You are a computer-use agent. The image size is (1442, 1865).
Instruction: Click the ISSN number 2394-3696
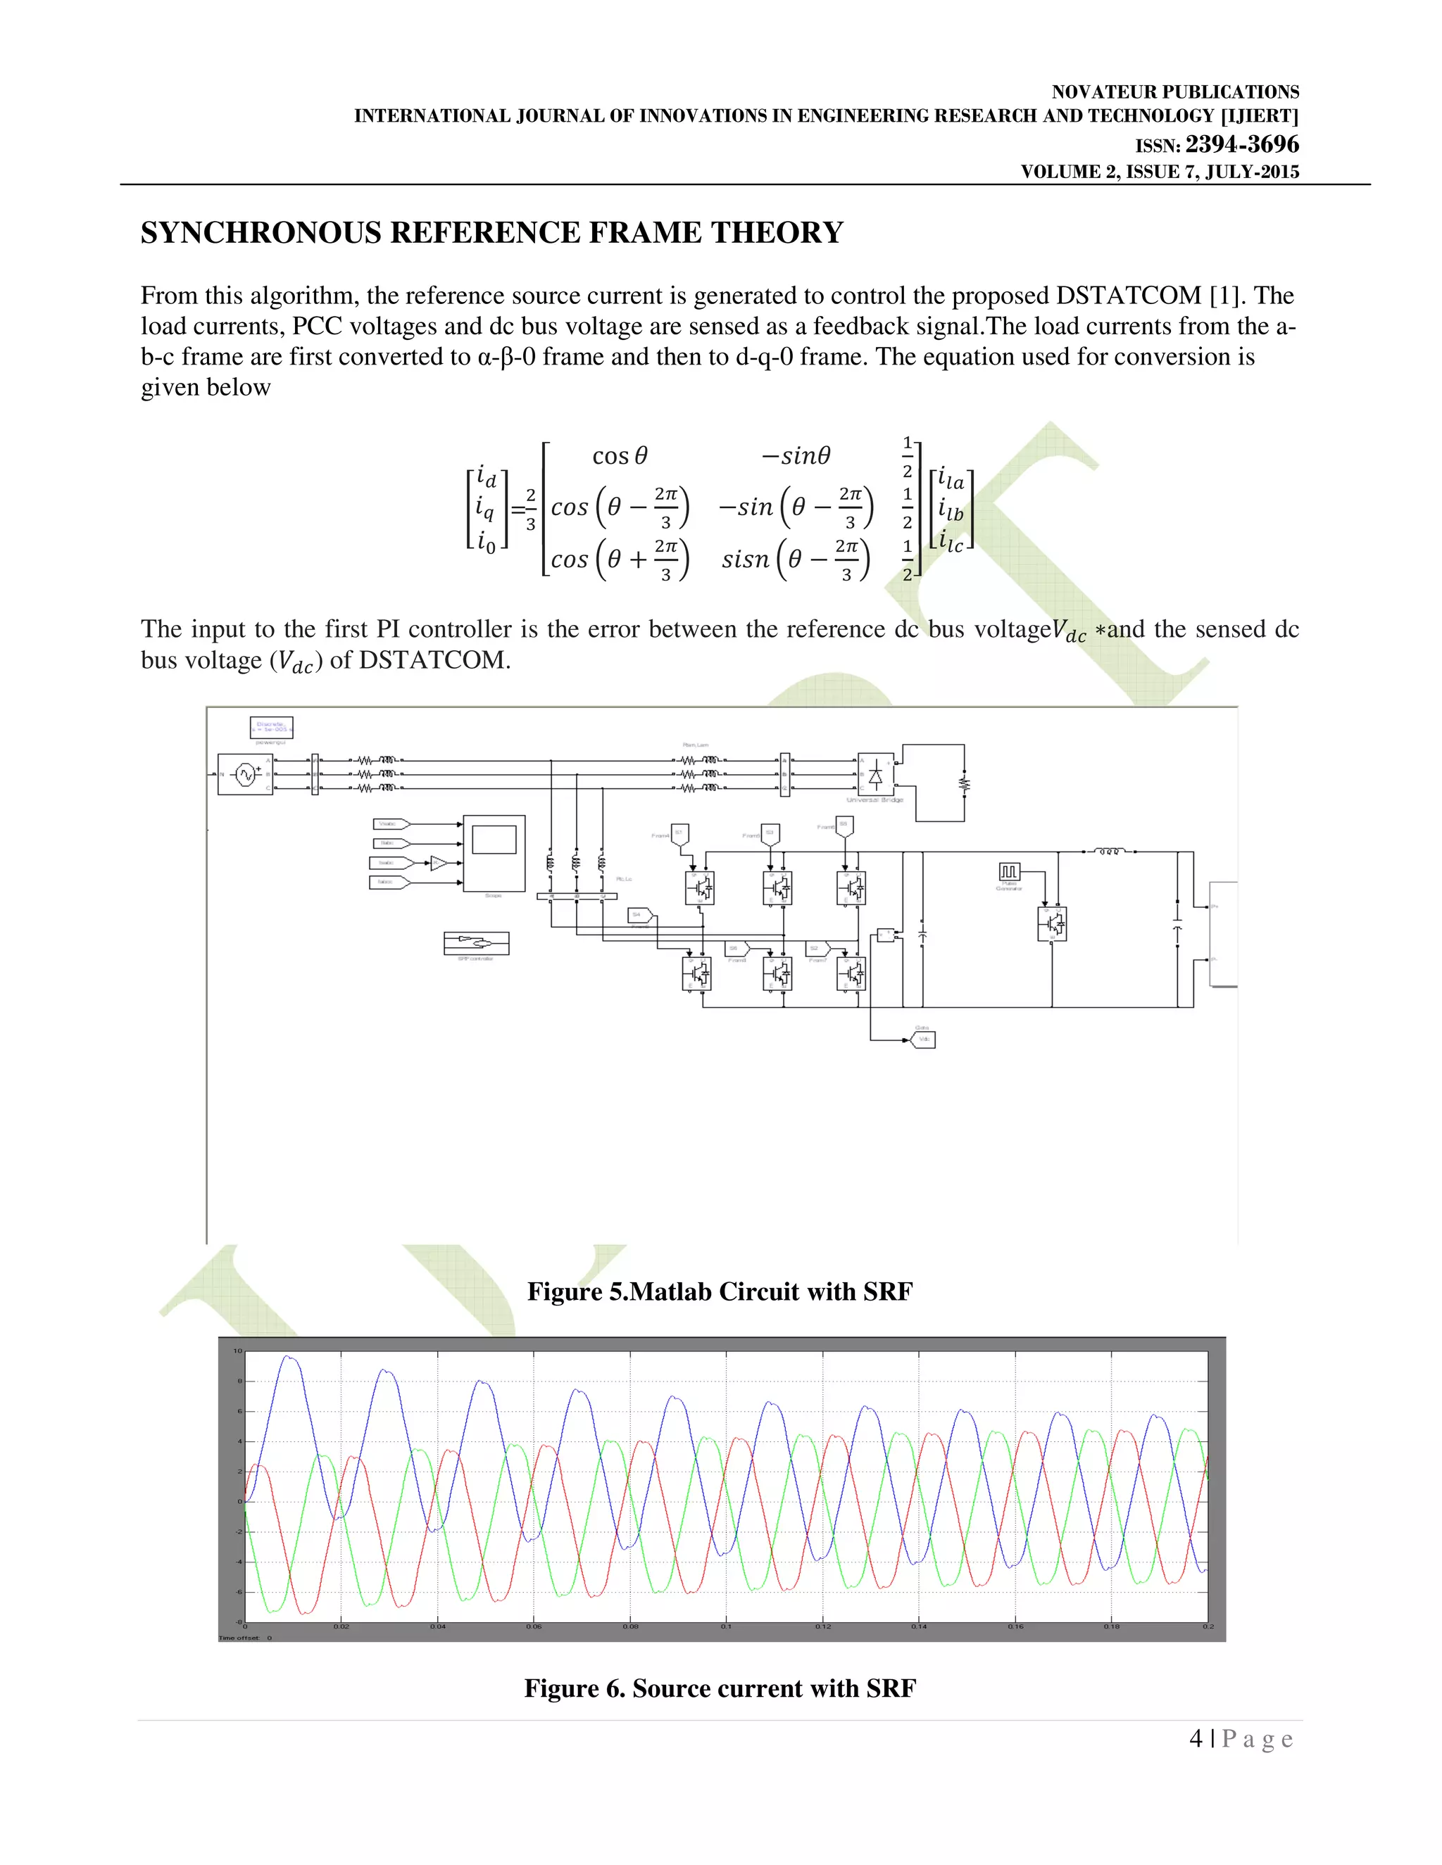click(1241, 144)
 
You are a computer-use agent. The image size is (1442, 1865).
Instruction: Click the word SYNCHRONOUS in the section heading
click(260, 232)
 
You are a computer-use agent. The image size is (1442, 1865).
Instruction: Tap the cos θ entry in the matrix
click(620, 456)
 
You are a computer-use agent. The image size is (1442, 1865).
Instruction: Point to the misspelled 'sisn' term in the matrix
click(745, 559)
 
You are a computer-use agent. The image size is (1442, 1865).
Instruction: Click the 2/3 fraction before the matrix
click(530, 509)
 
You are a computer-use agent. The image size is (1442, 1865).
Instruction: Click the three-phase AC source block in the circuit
click(245, 775)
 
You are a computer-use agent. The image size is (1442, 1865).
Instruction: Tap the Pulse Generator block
click(1010, 872)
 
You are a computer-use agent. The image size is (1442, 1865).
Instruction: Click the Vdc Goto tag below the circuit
click(922, 1039)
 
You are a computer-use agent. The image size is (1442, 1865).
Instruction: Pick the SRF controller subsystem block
click(476, 943)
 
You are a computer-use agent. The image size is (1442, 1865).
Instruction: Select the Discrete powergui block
click(272, 727)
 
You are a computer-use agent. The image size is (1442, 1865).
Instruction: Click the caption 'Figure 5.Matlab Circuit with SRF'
click(720, 1291)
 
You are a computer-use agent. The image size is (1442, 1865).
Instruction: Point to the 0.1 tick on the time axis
click(726, 1626)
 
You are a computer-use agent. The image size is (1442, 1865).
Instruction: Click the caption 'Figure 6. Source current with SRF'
click(720, 1688)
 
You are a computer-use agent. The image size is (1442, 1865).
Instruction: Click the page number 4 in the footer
click(1196, 1738)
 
